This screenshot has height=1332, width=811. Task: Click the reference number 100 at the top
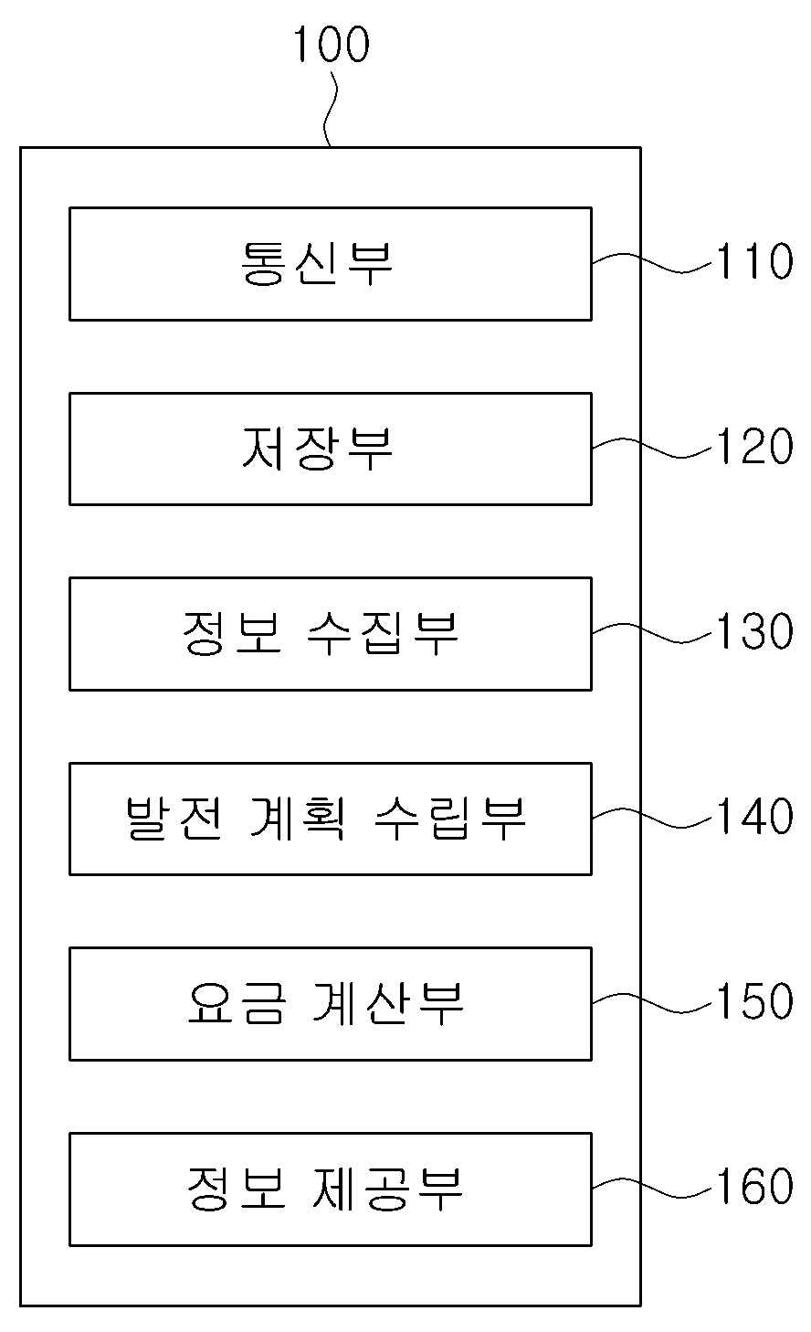click(332, 44)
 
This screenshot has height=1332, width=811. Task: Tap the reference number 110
click(754, 261)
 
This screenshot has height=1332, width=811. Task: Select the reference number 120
click(754, 446)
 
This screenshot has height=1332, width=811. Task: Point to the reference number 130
click(754, 631)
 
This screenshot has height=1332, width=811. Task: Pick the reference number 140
click(754, 816)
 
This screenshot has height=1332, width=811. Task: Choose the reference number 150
click(754, 1000)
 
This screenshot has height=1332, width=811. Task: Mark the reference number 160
click(754, 1186)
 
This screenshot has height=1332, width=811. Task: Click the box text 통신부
click(317, 263)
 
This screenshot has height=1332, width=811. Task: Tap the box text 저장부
click(317, 449)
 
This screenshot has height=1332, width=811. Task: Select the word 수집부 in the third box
click(383, 633)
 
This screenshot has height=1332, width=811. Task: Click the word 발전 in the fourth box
click(174, 819)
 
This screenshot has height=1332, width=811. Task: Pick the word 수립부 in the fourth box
click(450, 819)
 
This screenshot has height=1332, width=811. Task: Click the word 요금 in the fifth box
click(237, 1003)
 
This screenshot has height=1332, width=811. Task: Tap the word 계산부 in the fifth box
click(387, 1003)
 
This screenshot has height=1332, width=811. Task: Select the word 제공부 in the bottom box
click(387, 1188)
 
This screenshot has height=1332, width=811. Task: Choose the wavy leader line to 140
click(652, 819)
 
